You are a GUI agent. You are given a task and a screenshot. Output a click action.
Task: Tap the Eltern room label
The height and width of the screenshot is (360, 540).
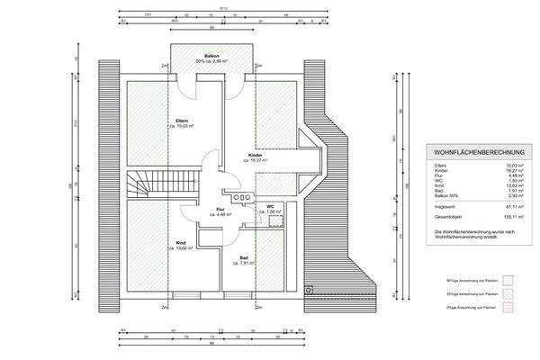coord(181,121)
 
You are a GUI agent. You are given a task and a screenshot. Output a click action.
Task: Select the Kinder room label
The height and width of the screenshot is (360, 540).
coord(256,155)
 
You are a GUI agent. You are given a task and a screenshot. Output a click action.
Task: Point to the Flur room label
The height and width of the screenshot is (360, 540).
coord(220,209)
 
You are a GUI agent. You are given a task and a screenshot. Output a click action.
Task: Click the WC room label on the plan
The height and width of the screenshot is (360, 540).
coord(269,206)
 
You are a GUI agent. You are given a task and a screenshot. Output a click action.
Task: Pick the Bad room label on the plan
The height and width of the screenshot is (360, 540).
coord(243,257)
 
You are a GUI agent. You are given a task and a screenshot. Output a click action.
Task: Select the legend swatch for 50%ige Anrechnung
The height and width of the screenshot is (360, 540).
coord(508,279)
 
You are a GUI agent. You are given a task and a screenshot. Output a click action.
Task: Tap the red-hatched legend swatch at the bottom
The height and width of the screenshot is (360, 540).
coord(508,308)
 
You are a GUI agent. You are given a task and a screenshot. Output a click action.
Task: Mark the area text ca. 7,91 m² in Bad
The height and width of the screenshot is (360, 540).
coord(243,264)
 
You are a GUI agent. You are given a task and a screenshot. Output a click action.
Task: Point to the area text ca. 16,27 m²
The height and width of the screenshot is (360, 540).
coord(256,161)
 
